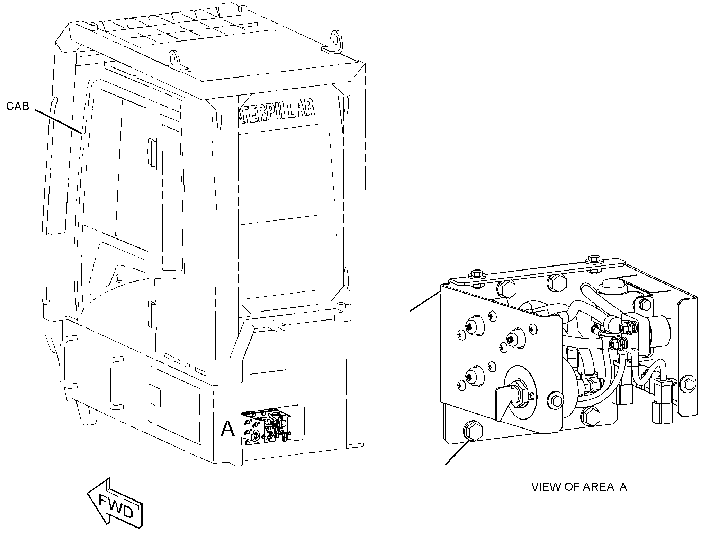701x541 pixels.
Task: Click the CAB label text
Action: tap(18, 106)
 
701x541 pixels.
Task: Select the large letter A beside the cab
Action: tap(227, 429)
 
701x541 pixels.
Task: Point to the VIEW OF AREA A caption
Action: tap(579, 487)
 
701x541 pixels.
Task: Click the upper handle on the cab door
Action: tap(151, 152)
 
